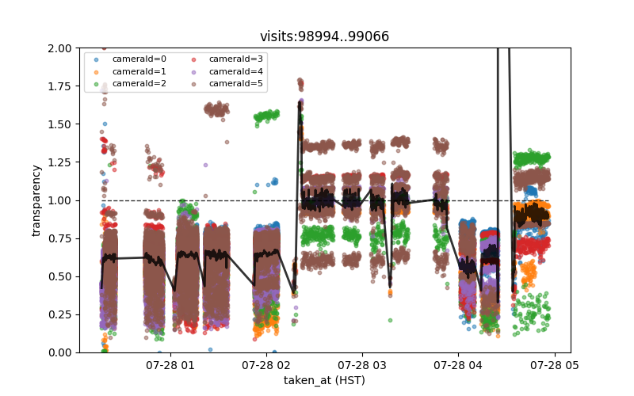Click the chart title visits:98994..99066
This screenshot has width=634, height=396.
coord(324,37)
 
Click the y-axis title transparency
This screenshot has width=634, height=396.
coord(36,200)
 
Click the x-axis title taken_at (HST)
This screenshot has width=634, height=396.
coord(324,380)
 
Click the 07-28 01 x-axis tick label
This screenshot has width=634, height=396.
coord(170,365)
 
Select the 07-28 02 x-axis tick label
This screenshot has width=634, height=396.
coord(266,365)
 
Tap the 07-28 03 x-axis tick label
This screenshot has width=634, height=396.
coord(362,365)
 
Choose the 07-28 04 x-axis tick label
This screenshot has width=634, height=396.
coord(458,365)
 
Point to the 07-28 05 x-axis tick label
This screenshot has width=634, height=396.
coord(554,365)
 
